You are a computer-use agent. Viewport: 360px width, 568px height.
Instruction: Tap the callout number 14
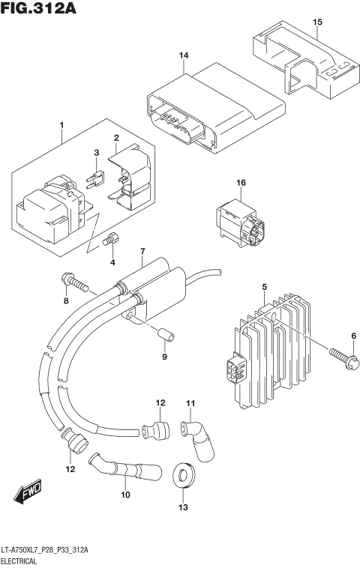pos(184,56)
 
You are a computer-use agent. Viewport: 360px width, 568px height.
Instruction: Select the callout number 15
pos(316,22)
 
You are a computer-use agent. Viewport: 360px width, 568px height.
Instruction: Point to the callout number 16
pos(241,184)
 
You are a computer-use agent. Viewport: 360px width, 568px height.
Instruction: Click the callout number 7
pos(142,250)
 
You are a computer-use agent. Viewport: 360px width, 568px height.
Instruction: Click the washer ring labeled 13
pos(181,474)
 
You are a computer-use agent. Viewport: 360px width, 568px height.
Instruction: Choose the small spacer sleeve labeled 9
pos(164,333)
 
